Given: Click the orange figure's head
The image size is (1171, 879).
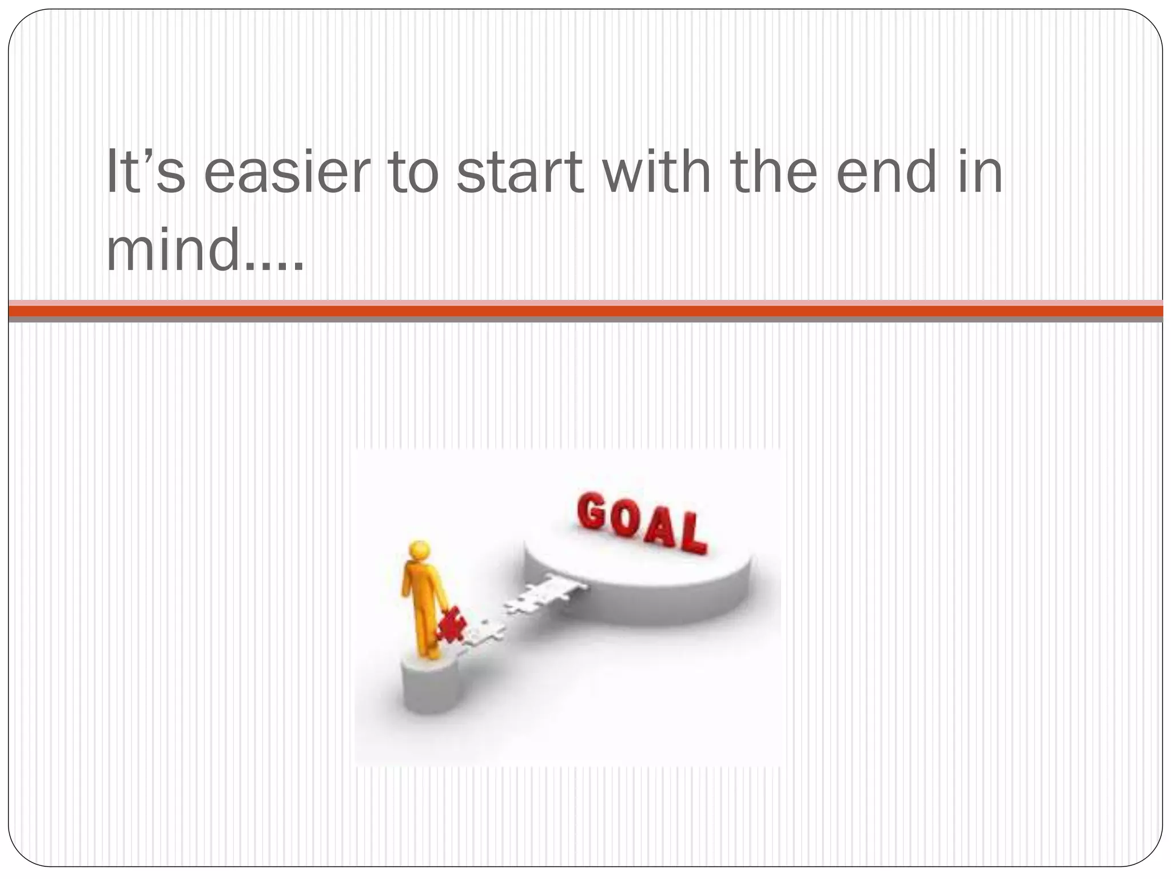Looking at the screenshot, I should [x=419, y=552].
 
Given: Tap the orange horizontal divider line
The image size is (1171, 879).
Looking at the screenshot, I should [x=585, y=311].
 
